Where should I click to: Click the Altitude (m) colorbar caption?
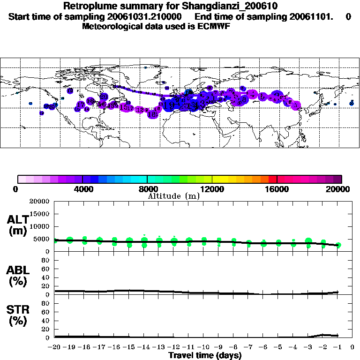(173, 196)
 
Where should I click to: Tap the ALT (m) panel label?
(17, 225)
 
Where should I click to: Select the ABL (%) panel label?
(17, 276)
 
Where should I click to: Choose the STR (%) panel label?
(17, 316)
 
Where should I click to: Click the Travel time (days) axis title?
(205, 355)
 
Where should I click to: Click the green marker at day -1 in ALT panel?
(338, 245)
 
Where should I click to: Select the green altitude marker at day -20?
(55, 240)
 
